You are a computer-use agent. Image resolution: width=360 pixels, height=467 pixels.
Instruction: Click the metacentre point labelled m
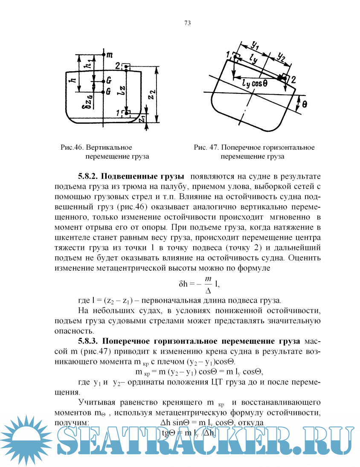104,55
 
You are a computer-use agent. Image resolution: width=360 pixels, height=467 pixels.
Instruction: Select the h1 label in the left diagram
87,64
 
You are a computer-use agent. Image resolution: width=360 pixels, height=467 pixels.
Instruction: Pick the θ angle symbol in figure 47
304,104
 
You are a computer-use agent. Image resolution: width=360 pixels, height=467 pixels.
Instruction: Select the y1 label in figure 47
255,44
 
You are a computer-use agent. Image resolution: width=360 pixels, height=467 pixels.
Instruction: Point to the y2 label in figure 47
282,55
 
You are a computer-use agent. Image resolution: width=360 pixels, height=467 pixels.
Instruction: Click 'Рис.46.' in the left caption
73,148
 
